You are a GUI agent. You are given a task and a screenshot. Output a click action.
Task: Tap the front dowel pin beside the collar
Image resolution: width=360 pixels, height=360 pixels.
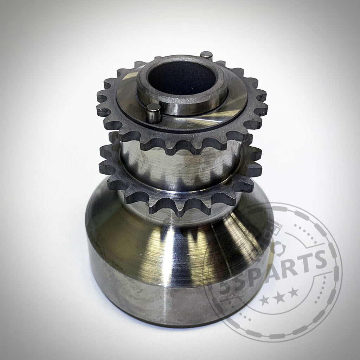click(153, 113)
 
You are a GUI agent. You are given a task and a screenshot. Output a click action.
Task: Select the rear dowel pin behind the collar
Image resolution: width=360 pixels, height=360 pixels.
click(206, 55)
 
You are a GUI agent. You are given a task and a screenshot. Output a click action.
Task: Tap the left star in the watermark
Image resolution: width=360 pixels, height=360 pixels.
click(265, 300)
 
